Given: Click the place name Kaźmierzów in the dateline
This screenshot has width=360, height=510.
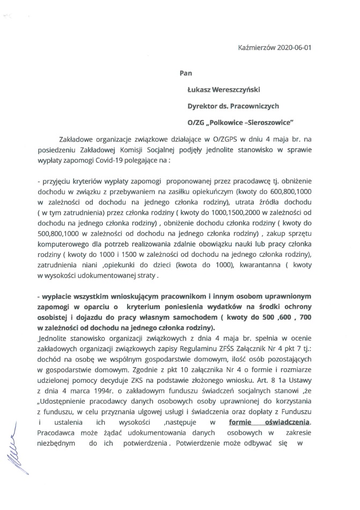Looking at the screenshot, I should (256, 47).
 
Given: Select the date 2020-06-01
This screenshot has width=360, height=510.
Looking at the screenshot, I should (294, 47).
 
